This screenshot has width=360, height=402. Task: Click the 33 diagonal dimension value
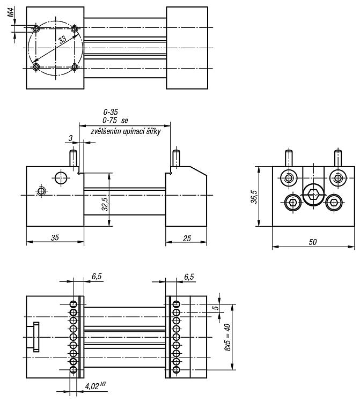[62, 40]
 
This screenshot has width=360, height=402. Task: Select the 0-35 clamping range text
[111, 112]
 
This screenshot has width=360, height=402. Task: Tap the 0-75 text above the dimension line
[110, 120]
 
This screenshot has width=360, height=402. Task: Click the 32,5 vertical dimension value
[105, 204]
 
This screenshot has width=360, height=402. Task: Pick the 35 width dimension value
[55, 237]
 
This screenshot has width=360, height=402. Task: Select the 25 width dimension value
[187, 239]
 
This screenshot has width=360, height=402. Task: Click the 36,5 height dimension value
[254, 196]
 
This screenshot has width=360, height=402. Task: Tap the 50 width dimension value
[313, 242]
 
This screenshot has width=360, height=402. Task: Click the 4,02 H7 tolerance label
[95, 386]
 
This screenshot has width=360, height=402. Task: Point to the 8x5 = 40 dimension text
[227, 337]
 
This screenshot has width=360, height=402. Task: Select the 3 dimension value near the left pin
[71, 138]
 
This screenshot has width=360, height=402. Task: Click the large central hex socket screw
[313, 195]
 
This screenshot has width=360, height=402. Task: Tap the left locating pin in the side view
[74, 159]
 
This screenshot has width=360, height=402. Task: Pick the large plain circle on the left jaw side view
[61, 177]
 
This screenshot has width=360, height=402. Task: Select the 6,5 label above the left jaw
[97, 277]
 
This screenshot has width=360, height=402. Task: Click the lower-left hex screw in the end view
[292, 203]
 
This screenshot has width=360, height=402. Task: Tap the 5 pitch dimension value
[216, 307]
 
